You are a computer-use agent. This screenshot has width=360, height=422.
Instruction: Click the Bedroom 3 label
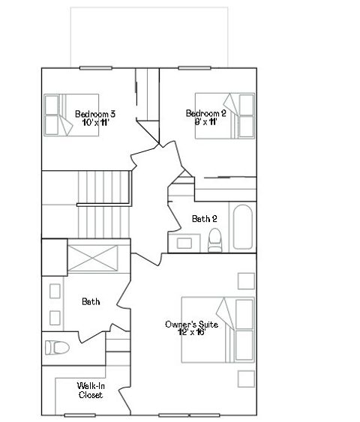(94, 114)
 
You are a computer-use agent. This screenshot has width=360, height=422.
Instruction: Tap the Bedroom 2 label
(206, 113)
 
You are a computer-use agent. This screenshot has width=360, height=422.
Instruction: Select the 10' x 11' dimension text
(95, 122)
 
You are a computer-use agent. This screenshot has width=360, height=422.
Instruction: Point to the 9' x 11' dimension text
(206, 121)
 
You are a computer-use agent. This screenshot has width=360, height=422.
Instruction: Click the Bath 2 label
(205, 219)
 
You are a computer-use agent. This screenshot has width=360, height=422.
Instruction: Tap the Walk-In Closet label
(91, 390)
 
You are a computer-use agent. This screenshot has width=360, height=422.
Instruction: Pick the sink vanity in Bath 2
(184, 241)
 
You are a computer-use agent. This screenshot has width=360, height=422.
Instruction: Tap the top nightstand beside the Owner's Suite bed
(245, 281)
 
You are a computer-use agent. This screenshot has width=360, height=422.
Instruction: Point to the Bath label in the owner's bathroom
(91, 301)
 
